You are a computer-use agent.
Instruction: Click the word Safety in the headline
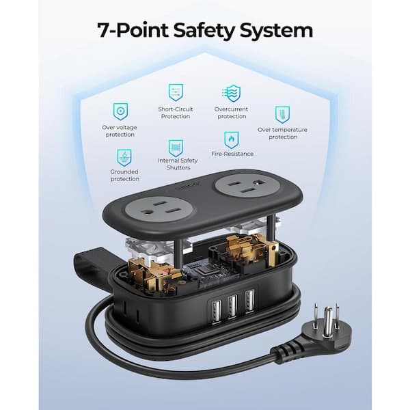[x=204, y=31]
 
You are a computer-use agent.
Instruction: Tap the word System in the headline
[x=276, y=31]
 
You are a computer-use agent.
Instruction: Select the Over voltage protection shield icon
[x=120, y=111]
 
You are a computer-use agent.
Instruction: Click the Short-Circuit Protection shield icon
[x=176, y=92]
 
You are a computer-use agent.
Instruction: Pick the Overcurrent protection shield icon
[x=232, y=93]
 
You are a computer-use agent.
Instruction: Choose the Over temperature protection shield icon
[x=282, y=115]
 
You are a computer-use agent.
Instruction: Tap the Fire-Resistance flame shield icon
[x=232, y=140]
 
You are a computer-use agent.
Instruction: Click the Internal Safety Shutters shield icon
[x=176, y=148]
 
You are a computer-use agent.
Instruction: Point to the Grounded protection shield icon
[x=124, y=158]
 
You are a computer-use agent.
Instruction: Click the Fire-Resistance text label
[x=232, y=154]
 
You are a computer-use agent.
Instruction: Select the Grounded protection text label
[x=125, y=175]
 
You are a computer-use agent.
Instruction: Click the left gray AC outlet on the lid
[x=160, y=210]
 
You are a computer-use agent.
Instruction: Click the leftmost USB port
[x=216, y=312]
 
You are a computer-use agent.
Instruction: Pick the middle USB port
[x=232, y=306]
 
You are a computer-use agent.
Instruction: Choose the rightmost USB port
[x=249, y=301]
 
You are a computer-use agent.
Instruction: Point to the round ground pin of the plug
[x=327, y=322]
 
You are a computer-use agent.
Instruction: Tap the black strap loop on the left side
[x=92, y=262]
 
